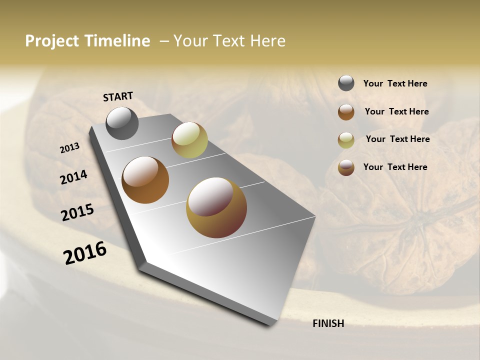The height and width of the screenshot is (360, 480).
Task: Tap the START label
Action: (118, 96)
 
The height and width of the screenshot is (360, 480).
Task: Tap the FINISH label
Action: (328, 323)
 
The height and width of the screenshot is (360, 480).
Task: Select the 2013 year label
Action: (69, 148)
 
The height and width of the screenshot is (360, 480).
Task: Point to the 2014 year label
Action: (73, 177)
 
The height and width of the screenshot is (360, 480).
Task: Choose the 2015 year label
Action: (77, 212)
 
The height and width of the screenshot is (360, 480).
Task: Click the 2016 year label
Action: (84, 252)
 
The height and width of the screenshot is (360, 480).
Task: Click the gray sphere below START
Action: (122, 123)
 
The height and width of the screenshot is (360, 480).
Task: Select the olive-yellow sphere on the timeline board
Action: (189, 140)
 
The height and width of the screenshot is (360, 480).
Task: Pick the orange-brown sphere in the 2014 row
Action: (145, 180)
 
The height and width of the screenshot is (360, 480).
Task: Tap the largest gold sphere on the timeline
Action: (216, 207)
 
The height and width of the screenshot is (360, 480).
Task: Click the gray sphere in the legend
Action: (346, 83)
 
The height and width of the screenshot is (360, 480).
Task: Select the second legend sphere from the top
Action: (346, 112)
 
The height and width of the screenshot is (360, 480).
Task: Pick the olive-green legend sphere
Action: (346, 140)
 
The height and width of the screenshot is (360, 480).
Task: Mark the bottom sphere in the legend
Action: (346, 167)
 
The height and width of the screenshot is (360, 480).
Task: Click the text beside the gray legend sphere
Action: (395, 84)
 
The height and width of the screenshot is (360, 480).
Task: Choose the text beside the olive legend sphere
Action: (397, 139)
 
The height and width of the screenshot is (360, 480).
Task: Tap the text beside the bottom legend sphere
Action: (395, 167)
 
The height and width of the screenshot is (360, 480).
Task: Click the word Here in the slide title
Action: (268, 41)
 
